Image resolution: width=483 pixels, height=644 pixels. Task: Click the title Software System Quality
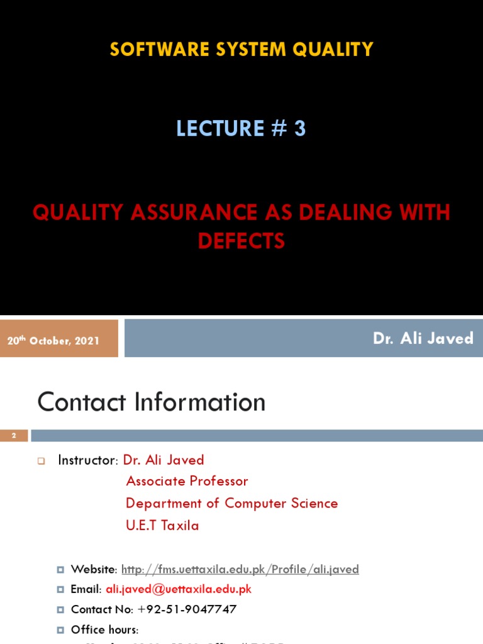[241, 49]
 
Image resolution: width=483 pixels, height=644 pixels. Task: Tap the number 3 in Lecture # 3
[299, 128]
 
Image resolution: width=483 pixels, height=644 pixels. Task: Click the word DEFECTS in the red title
[241, 241]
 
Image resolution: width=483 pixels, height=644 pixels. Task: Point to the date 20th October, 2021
[53, 340]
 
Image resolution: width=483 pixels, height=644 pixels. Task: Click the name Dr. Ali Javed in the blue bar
[423, 338]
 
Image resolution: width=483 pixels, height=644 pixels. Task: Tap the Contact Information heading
[152, 402]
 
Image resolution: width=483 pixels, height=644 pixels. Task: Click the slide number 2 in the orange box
[14, 435]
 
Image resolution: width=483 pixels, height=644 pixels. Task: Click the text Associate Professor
[187, 481]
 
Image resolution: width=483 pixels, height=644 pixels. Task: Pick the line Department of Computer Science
[231, 503]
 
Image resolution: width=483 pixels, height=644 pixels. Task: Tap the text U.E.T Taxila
[162, 525]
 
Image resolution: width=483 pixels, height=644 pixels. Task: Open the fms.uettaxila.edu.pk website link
[240, 569]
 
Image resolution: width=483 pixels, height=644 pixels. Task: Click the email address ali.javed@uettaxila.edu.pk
[179, 589]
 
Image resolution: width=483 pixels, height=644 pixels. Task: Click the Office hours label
[104, 630]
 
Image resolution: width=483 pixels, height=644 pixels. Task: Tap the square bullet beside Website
[60, 569]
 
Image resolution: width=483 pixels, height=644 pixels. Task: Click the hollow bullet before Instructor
[42, 461]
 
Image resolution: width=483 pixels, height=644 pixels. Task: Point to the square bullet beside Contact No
[60, 609]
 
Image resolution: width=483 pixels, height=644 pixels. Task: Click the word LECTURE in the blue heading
[220, 128]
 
